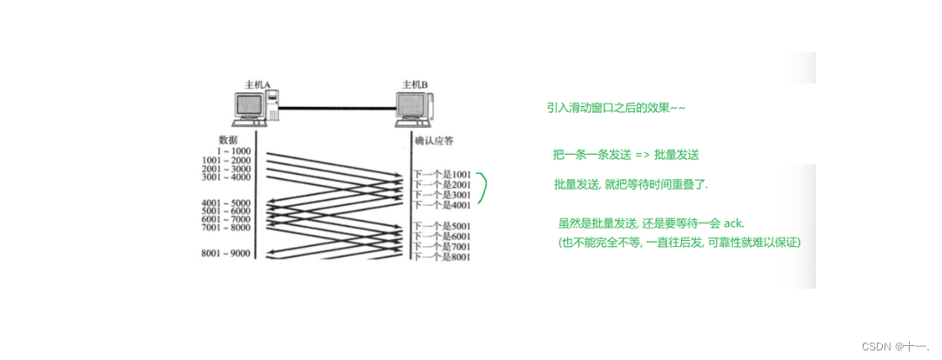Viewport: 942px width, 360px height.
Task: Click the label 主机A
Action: (257, 84)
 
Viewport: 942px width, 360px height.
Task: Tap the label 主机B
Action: (414, 84)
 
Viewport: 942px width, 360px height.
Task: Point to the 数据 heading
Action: (229, 139)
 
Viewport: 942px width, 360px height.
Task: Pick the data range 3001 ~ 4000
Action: (226, 177)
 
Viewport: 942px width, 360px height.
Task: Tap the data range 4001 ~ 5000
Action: (226, 202)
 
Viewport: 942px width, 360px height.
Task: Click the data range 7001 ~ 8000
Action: (226, 228)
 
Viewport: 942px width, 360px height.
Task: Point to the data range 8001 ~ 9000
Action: (226, 254)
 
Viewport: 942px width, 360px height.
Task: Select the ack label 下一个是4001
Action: (443, 206)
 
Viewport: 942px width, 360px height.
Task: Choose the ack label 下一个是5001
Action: (443, 226)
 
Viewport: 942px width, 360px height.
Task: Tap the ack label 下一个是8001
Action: (443, 257)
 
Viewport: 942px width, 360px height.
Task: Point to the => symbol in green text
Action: (642, 155)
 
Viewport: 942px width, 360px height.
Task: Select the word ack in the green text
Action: (733, 223)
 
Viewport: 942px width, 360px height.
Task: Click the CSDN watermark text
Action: (899, 346)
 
